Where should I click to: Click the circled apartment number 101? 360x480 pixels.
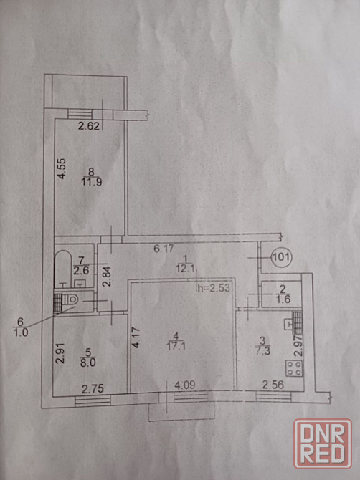point(281,257)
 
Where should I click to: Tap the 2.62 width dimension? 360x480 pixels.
point(88,126)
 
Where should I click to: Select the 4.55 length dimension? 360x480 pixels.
point(62,168)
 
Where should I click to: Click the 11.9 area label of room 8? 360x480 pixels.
point(92,182)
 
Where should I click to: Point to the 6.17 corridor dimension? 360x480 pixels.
point(164,248)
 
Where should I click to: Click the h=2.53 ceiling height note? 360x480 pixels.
point(214,288)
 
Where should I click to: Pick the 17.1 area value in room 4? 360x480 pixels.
point(176,346)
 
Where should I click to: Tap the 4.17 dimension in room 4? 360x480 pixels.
point(136,337)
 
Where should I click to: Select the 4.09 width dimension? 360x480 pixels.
point(185,385)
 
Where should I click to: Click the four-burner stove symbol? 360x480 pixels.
point(294,368)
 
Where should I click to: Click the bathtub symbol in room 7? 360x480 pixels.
point(63,269)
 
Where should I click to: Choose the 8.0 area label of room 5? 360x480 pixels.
point(87,363)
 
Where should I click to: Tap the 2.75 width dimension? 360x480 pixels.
point(93,389)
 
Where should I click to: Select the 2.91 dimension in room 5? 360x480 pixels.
point(61,354)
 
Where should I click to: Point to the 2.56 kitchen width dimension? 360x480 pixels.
point(273,385)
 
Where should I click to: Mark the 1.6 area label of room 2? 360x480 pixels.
point(283,299)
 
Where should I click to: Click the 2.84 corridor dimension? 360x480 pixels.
point(106,276)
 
